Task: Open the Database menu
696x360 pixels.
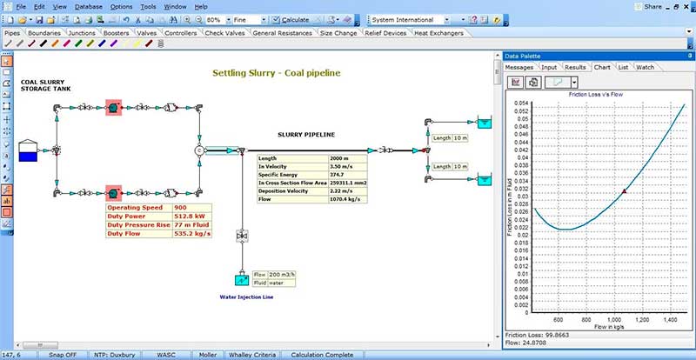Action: point(88,6)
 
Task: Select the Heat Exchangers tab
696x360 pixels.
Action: point(438,33)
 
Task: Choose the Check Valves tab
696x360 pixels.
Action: point(224,33)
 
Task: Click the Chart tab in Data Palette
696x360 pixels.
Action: point(602,66)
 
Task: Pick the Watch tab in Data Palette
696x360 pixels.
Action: point(645,66)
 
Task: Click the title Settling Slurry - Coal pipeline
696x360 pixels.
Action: point(276,73)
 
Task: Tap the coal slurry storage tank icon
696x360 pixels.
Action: point(29,151)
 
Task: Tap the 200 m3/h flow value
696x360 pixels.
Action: point(282,273)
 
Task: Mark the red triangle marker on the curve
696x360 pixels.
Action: point(624,190)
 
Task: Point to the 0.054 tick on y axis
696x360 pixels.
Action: point(521,103)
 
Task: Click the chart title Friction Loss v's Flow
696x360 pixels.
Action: point(599,93)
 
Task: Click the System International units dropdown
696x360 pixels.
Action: point(409,18)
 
